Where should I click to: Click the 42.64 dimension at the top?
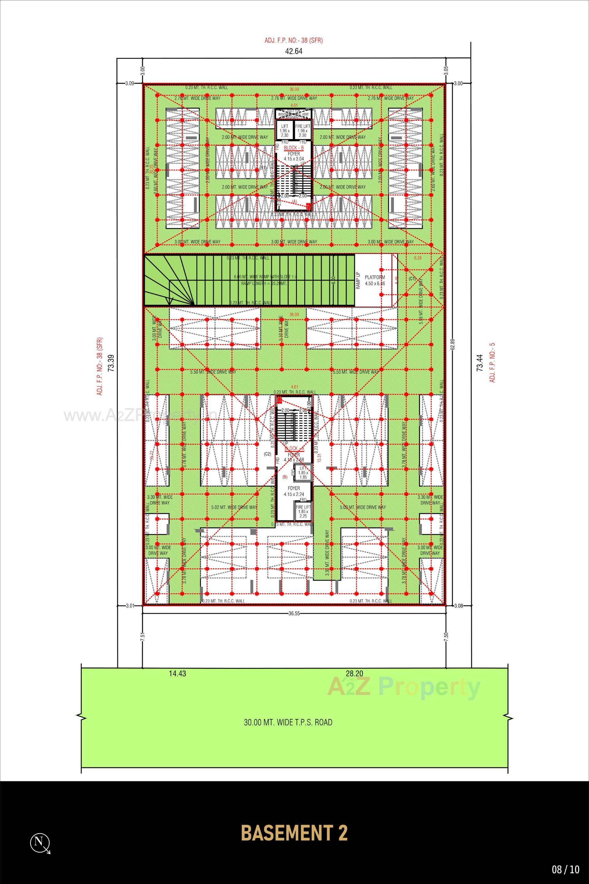point(294,52)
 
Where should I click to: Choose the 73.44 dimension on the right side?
point(479,363)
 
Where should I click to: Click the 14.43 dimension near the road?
point(177,673)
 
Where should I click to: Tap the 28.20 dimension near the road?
point(355,673)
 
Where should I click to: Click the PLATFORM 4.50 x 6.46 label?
point(375,280)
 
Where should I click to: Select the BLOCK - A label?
point(294,449)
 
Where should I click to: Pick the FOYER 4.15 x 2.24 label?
point(294,491)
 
